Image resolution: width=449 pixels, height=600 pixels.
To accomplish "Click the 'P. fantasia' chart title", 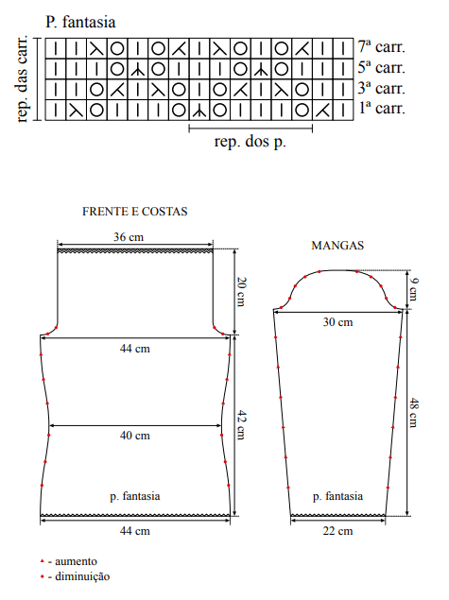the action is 80,22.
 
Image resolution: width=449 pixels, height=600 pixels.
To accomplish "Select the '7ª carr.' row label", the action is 381,46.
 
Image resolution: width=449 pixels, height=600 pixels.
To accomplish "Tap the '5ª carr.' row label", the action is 381,67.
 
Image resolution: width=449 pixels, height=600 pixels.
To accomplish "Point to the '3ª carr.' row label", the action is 381,88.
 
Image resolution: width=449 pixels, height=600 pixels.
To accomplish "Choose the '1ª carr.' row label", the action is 382,109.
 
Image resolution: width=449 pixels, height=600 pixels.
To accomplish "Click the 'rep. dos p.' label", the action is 250,142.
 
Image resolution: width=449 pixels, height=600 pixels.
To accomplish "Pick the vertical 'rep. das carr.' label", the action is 22,79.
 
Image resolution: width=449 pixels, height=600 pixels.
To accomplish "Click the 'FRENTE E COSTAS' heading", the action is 135,212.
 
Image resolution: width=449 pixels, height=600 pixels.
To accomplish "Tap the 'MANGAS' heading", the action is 337,246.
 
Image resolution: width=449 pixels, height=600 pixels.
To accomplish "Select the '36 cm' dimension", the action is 129,237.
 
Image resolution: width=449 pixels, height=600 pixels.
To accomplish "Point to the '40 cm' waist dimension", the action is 135,436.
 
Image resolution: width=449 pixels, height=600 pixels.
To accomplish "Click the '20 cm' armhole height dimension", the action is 241,292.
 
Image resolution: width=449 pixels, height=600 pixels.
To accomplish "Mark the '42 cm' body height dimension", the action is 241,425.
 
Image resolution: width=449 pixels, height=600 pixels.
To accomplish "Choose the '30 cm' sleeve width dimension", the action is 337,322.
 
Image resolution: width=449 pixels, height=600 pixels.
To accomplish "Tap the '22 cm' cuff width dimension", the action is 337,531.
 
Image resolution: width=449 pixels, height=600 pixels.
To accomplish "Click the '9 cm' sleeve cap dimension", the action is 413,290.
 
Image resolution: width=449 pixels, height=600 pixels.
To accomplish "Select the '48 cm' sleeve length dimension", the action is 413,413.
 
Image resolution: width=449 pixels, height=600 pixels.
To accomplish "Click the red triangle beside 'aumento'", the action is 43,561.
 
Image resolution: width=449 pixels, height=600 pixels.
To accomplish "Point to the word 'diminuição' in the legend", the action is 82,576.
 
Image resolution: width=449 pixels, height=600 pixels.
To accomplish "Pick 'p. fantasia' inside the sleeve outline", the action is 337,496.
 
